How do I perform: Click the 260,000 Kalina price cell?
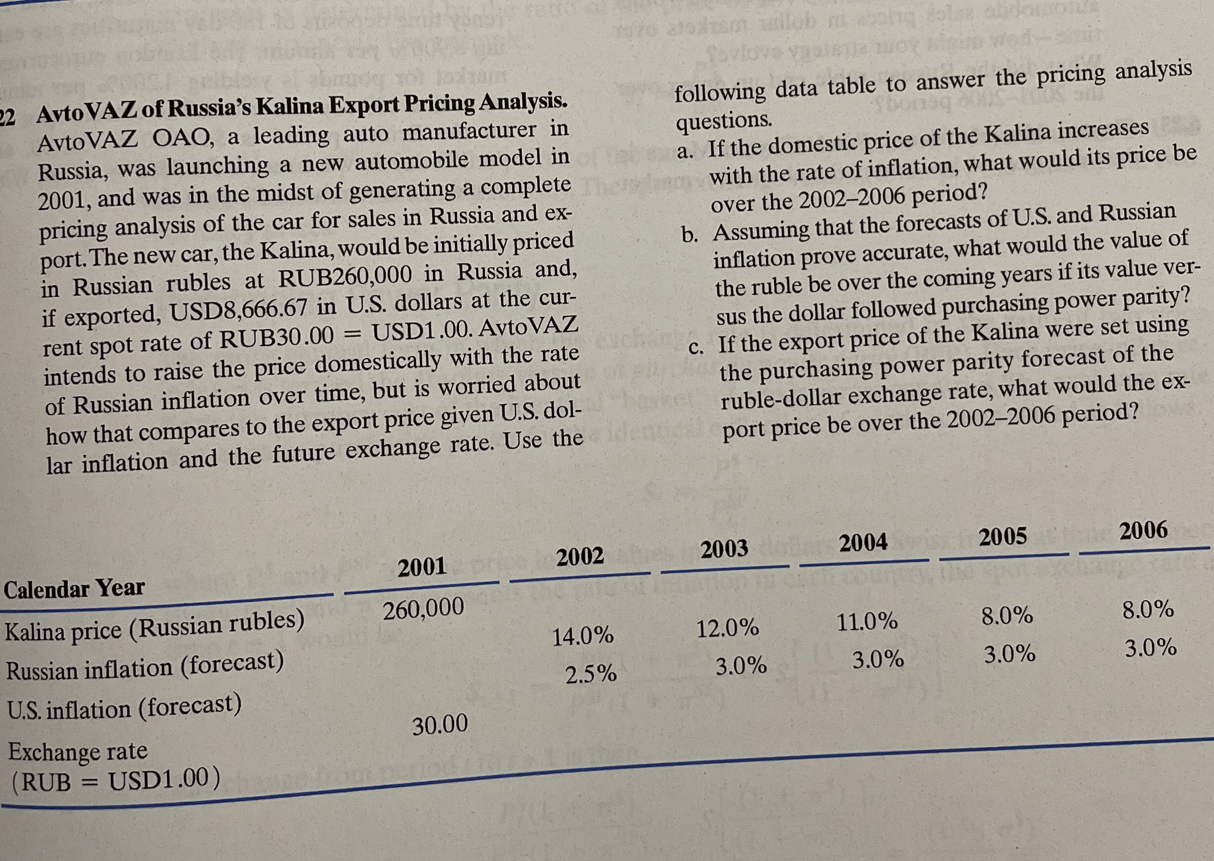(x=423, y=610)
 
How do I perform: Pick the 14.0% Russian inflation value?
(x=583, y=635)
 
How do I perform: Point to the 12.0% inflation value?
(x=727, y=629)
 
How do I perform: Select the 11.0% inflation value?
(x=867, y=621)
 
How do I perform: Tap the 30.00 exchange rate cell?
(x=440, y=724)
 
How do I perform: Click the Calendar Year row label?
(x=74, y=588)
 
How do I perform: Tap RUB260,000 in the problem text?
(x=345, y=276)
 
